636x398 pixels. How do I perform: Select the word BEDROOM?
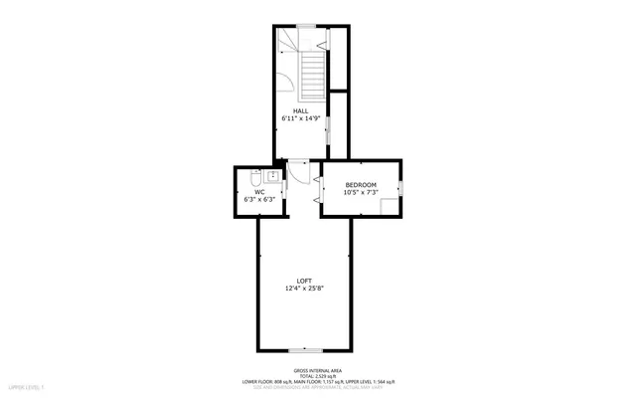361,185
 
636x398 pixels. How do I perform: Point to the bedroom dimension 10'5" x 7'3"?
361,193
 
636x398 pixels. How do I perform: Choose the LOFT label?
304,282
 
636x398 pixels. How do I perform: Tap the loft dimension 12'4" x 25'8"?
304,290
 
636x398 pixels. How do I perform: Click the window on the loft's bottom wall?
304,350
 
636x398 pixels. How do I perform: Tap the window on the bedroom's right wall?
402,187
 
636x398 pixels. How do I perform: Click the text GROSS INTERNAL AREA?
318,368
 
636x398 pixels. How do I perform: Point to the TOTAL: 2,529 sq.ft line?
318,374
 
